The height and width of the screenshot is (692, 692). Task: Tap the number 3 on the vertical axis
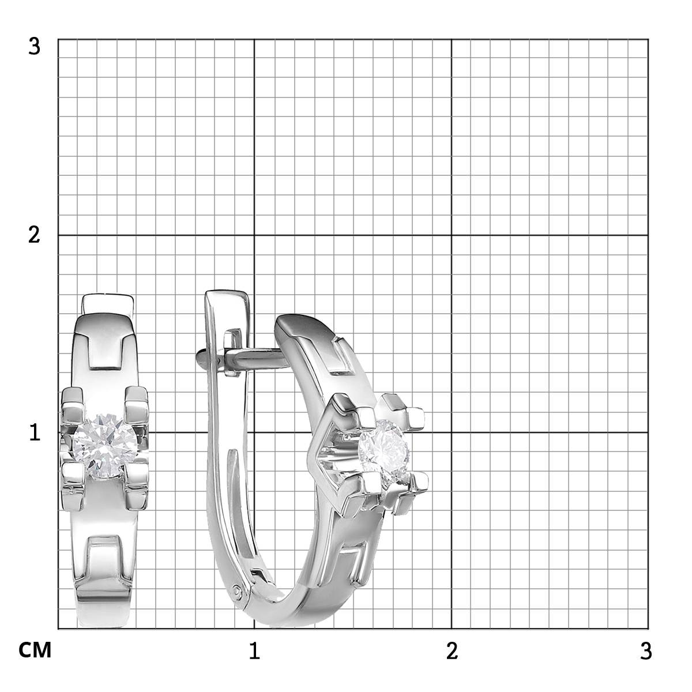pyautogui.click(x=34, y=47)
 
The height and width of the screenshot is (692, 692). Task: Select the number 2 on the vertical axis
pyautogui.click(x=34, y=236)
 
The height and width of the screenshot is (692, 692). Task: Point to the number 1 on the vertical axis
pyautogui.click(x=35, y=432)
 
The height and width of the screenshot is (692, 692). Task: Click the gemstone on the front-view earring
pyautogui.click(x=104, y=446)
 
